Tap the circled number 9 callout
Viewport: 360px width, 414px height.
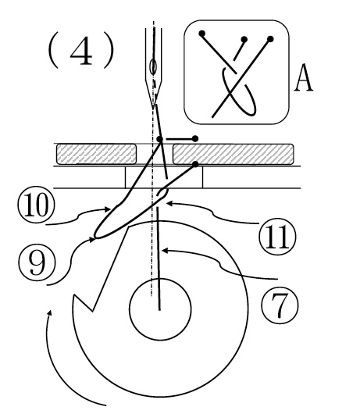pyautogui.click(x=37, y=262)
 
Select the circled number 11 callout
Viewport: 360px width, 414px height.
pyautogui.click(x=277, y=237)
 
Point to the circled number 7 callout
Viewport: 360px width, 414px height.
pyautogui.click(x=280, y=305)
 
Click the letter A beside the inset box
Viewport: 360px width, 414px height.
pyautogui.click(x=304, y=77)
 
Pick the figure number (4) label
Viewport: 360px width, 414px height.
pyautogui.click(x=81, y=50)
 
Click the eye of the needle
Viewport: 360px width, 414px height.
pyautogui.click(x=153, y=67)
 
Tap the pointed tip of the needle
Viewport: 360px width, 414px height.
pyautogui.click(x=153, y=109)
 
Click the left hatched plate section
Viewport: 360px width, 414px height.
pyautogui.click(x=96, y=154)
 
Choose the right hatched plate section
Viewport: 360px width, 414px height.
pyautogui.click(x=233, y=154)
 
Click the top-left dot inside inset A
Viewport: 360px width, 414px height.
pyautogui.click(x=202, y=34)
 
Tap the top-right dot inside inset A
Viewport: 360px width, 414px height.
pyautogui.click(x=270, y=39)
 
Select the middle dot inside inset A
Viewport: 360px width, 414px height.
pyautogui.click(x=244, y=40)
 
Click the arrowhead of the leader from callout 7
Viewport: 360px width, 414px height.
pyautogui.click(x=164, y=250)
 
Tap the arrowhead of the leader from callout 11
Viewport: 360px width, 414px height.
pyautogui.click(x=169, y=203)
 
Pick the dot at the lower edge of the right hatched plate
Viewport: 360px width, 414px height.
pyautogui.click(x=195, y=164)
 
